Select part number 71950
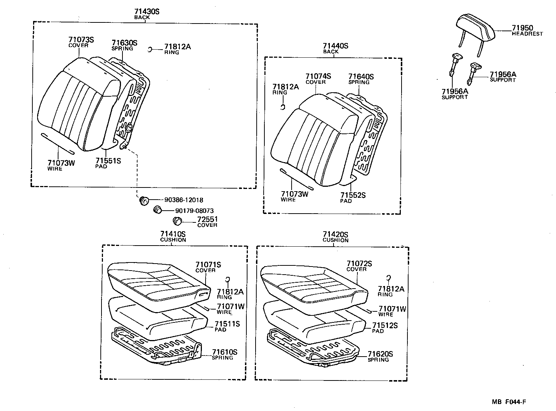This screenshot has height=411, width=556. [522, 28]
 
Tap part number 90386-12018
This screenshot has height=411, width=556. [183, 200]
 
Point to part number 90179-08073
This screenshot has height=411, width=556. [194, 211]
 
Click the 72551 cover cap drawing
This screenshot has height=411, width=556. [178, 221]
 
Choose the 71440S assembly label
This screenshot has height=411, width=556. [335, 46]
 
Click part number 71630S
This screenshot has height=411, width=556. [124, 43]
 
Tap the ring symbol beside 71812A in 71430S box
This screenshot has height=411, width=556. [150, 50]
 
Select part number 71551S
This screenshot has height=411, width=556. [108, 161]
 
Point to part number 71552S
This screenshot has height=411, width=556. [353, 195]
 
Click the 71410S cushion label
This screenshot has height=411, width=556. [173, 234]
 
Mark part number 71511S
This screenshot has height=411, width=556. [227, 324]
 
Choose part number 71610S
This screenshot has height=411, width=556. [224, 352]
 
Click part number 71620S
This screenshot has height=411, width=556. [380, 354]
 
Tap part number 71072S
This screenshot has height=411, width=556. [359, 264]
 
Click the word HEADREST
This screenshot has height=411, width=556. [527, 34]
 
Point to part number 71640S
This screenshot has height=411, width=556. [361, 76]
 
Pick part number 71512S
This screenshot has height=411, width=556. [385, 325]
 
